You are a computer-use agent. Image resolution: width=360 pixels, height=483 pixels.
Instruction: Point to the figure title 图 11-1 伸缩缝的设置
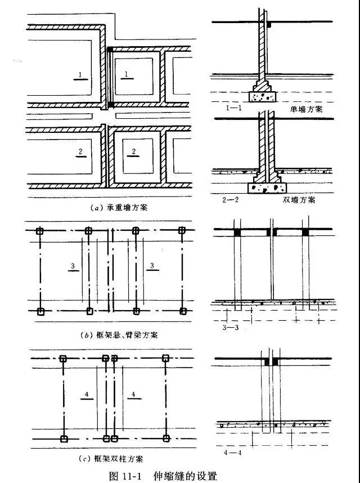click(162, 476)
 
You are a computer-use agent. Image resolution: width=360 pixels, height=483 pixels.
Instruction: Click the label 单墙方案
click(307, 110)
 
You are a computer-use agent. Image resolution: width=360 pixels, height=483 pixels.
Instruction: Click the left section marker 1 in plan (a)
click(81, 75)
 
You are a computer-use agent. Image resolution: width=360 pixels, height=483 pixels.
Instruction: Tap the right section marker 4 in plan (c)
click(133, 395)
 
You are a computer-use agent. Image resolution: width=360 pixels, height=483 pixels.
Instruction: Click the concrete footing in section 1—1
click(263, 97)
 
